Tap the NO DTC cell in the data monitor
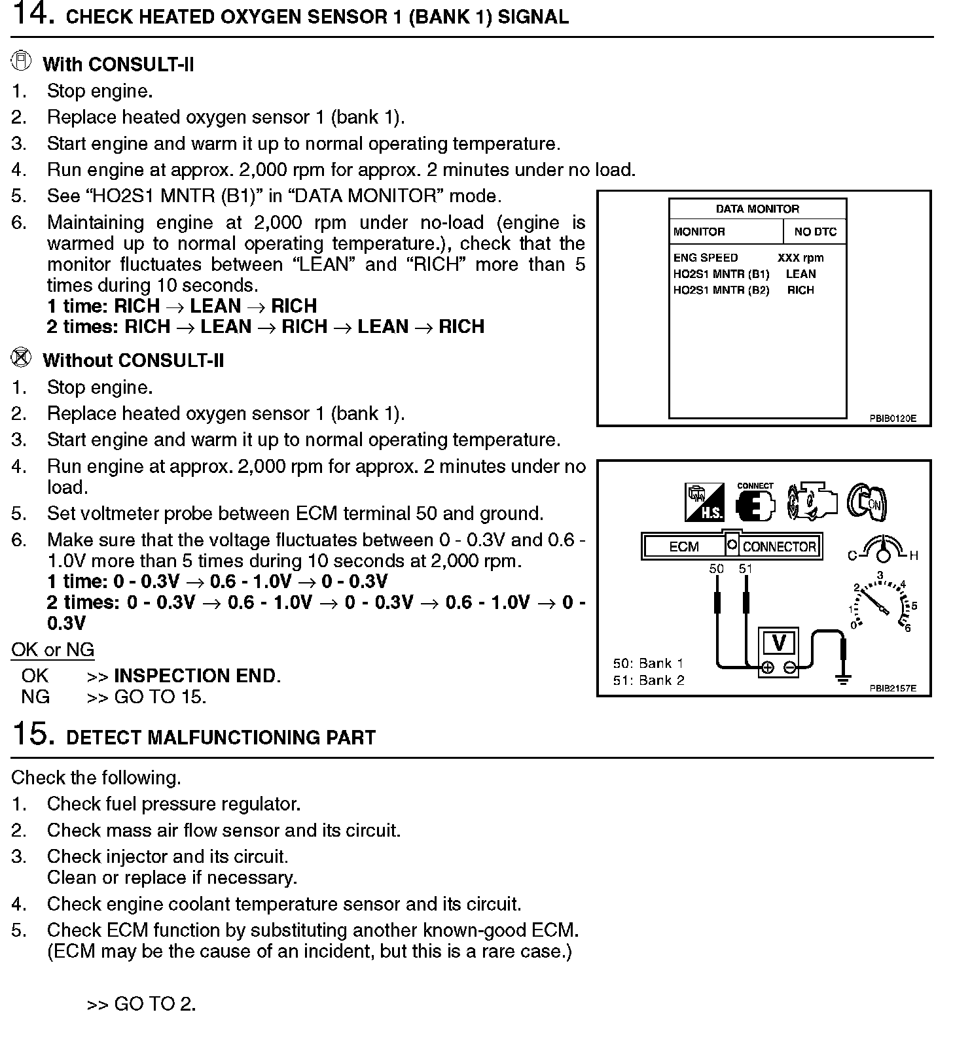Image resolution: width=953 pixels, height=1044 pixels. [x=815, y=232]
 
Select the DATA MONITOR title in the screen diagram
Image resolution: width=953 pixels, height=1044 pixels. [x=757, y=209]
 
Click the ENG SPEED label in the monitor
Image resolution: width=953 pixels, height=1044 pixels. [x=705, y=258]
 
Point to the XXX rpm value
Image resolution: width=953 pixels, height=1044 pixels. [x=800, y=258]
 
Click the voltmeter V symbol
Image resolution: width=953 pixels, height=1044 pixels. [x=778, y=643]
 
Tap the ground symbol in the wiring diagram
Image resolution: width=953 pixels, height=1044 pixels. [x=843, y=678]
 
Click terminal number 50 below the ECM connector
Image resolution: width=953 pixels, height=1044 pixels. [x=717, y=569]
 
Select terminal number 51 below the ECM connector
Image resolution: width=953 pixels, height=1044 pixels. [x=746, y=569]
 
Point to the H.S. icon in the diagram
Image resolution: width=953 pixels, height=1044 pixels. [x=704, y=502]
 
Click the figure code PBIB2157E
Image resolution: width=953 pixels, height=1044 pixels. [x=893, y=688]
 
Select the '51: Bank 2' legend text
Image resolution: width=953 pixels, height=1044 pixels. [x=649, y=680]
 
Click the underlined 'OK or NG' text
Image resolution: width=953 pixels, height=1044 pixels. [x=52, y=650]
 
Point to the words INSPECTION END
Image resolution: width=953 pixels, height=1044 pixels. [x=196, y=676]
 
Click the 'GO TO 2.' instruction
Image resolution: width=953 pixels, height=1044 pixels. [x=154, y=1004]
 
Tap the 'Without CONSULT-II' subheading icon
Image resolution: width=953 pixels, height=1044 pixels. [x=22, y=358]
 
